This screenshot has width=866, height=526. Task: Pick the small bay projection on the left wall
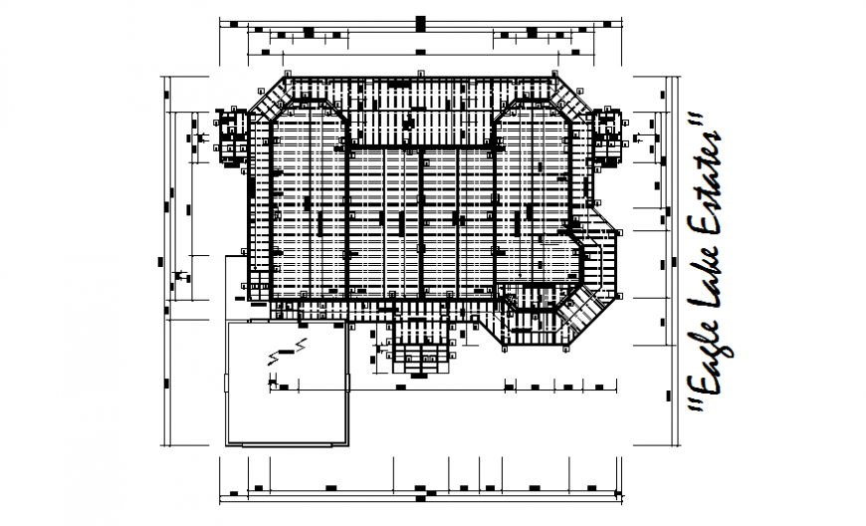click(x=231, y=137)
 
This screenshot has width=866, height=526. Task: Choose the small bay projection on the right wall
click(x=606, y=136)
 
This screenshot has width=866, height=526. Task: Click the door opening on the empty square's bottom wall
click(x=289, y=443)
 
